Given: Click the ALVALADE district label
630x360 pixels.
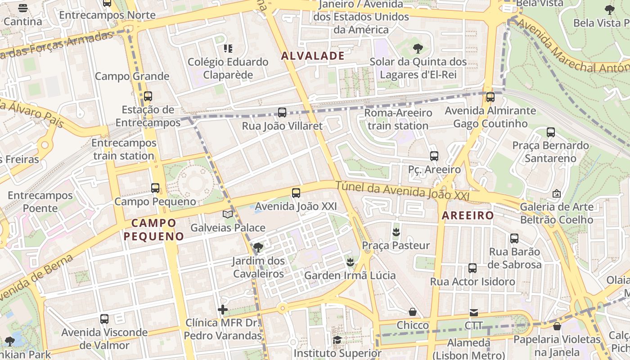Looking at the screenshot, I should click(313, 56).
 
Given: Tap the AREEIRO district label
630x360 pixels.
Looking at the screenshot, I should click(468, 216).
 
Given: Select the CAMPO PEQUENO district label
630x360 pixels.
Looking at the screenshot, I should click(154, 229).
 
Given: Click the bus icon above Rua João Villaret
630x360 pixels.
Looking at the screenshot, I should click(282, 112).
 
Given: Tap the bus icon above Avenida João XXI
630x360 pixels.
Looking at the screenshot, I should click(296, 193).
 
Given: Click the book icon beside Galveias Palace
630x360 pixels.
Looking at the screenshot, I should click(228, 214).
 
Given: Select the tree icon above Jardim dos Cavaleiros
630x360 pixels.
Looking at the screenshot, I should click(258, 247).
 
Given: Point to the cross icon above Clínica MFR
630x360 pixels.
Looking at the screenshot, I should click(223, 309).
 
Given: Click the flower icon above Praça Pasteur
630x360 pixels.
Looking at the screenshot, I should click(396, 232).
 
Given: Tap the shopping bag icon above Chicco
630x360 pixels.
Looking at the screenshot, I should click(413, 312).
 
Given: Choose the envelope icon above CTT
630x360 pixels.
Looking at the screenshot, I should click(474, 312).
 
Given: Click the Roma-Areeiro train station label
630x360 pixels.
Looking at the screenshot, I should click(398, 119).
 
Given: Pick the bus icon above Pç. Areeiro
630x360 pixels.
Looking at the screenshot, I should click(434, 156).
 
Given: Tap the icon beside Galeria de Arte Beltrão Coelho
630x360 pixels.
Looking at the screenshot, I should click(557, 193).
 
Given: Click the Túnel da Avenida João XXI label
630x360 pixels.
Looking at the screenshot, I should click(402, 191).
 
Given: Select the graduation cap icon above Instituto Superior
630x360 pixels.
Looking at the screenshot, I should click(337, 340).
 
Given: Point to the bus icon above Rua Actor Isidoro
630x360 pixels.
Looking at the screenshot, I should click(472, 268).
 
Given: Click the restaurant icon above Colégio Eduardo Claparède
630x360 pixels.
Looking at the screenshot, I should click(228, 48).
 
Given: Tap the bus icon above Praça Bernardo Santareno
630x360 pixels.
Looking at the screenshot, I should click(551, 132).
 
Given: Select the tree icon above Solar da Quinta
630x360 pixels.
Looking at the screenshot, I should click(418, 48).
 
